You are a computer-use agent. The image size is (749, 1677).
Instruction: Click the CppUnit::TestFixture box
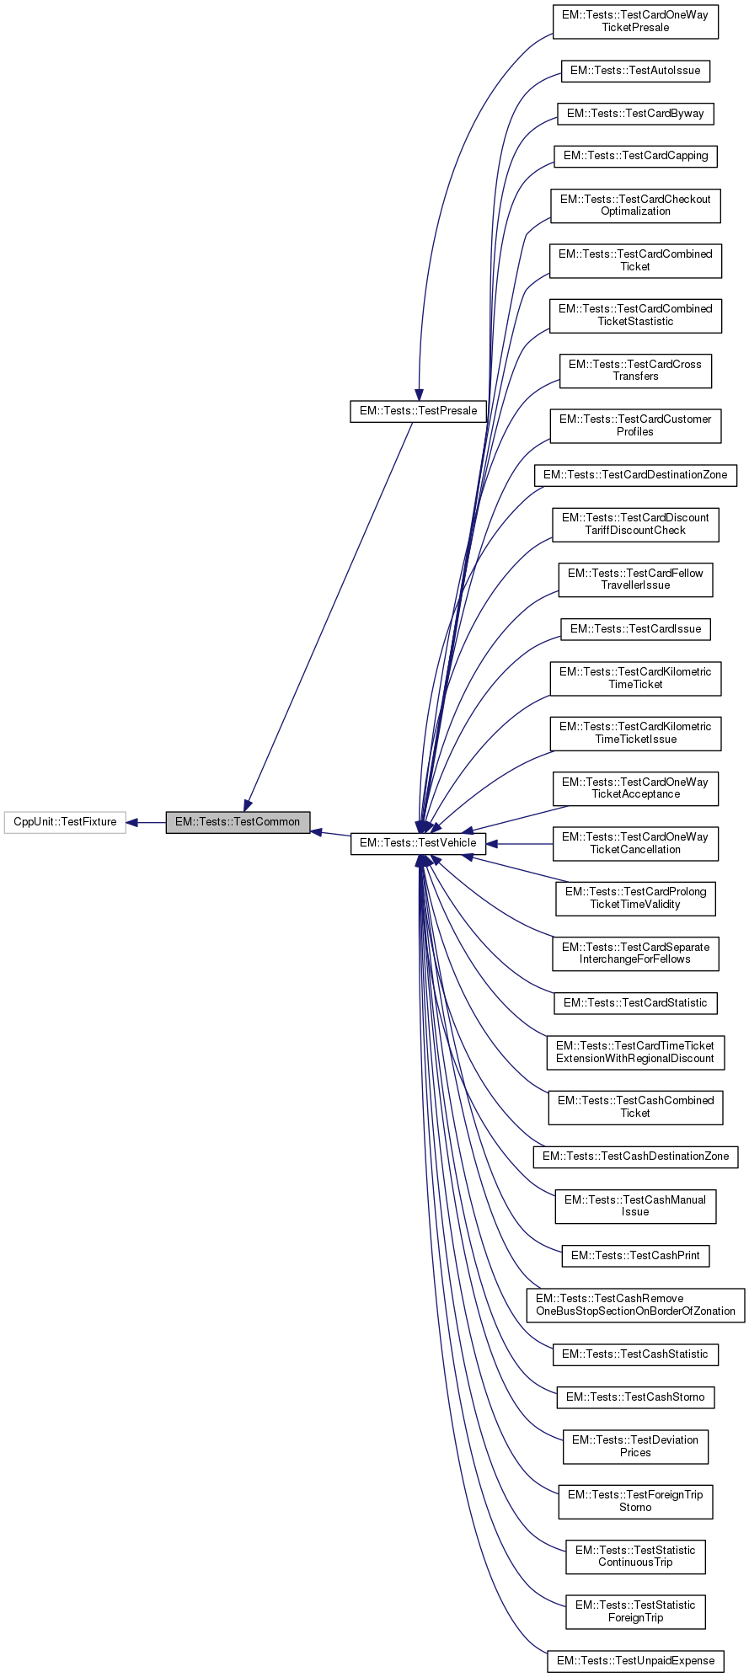pyautogui.click(x=65, y=822)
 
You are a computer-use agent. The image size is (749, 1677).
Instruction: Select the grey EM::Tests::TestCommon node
pyautogui.click(x=238, y=822)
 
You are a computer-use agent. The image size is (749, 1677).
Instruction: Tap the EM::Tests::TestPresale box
pyautogui.click(x=418, y=411)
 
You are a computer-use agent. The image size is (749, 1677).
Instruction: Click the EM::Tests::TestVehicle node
pyautogui.click(x=418, y=843)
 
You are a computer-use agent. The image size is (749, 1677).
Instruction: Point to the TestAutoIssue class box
pyautogui.click(x=635, y=71)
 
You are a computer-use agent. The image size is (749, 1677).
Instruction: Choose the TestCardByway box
pyautogui.click(x=635, y=114)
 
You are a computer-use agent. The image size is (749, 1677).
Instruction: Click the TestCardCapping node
pyautogui.click(x=635, y=156)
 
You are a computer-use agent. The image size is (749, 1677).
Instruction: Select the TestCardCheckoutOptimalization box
pyautogui.click(x=635, y=206)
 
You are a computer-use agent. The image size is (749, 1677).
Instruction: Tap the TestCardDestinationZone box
pyautogui.click(x=635, y=475)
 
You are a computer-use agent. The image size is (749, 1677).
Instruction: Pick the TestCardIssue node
pyautogui.click(x=635, y=629)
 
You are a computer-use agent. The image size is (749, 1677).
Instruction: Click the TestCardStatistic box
pyautogui.click(x=635, y=1003)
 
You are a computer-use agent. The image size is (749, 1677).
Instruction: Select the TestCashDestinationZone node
pyautogui.click(x=635, y=1156)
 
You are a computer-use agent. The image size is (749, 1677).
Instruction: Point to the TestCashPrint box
pyautogui.click(x=635, y=1256)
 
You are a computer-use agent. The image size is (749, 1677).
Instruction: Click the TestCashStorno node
pyautogui.click(x=635, y=1397)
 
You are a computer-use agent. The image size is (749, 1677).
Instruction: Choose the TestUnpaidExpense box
pyautogui.click(x=635, y=1661)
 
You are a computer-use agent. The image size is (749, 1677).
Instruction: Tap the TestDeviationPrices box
pyautogui.click(x=635, y=1446)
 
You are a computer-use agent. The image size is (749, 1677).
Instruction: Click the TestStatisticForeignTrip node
pyautogui.click(x=635, y=1611)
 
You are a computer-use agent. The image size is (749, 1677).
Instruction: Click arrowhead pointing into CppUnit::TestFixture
pyautogui.click(x=132, y=822)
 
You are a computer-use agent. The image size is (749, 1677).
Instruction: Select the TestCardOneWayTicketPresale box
pyautogui.click(x=635, y=21)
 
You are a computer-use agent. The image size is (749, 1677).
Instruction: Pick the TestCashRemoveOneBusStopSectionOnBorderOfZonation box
pyautogui.click(x=635, y=1305)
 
